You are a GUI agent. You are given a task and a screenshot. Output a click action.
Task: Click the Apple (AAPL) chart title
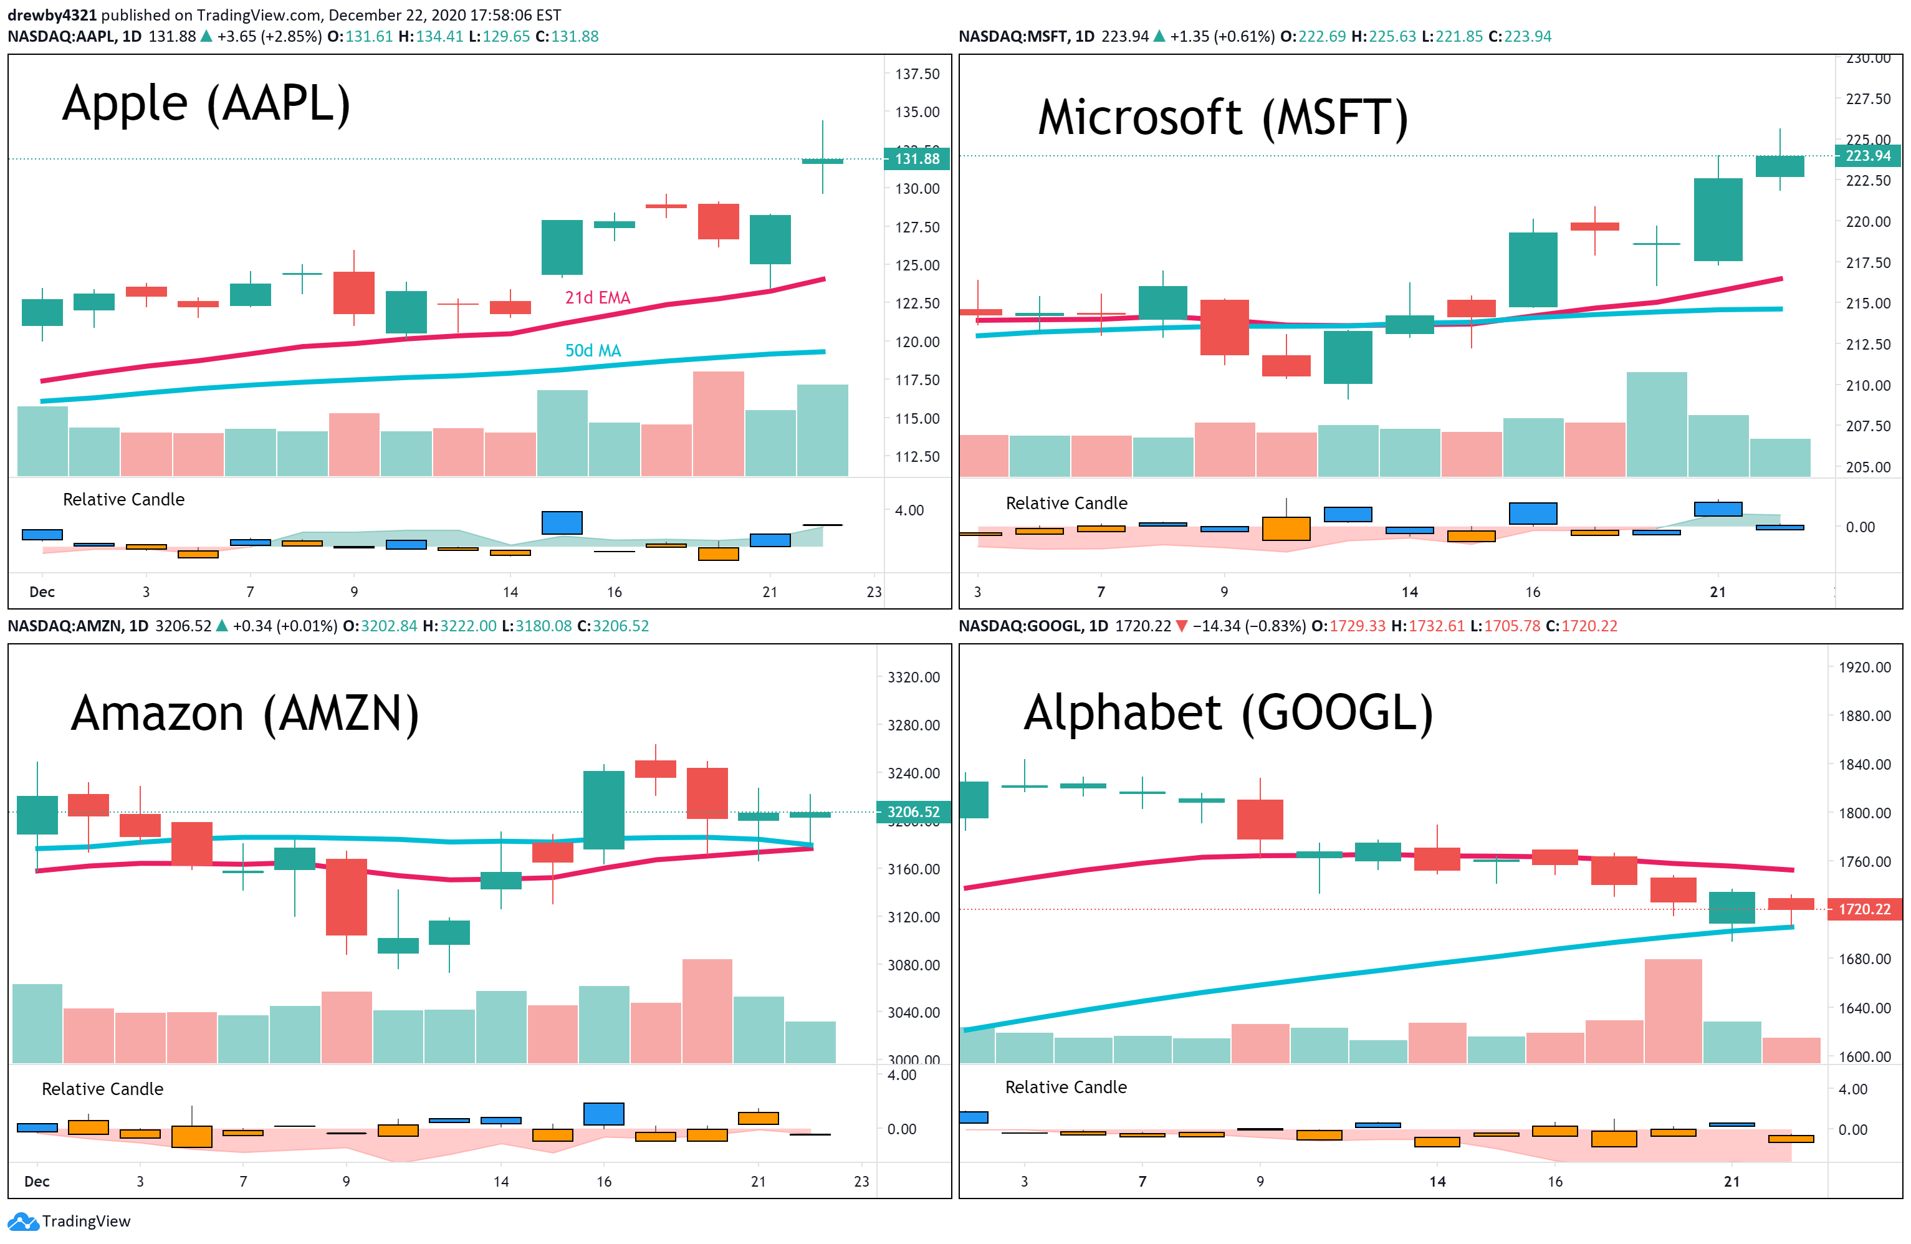coord(206,105)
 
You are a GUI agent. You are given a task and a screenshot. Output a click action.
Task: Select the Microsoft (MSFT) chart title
coord(1223,117)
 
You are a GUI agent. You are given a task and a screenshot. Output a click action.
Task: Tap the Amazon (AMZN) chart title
coord(245,714)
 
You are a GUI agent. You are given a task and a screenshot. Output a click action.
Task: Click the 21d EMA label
coord(597,298)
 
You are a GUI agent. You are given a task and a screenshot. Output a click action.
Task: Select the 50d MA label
coord(593,351)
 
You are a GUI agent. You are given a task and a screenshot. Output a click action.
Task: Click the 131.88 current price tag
coord(917,159)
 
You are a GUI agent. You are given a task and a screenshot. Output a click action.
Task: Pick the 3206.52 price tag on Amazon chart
coord(913,812)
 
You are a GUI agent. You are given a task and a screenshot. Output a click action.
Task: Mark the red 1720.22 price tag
coord(1864,909)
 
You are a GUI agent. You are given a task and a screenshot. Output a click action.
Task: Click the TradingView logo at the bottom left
coord(69,1222)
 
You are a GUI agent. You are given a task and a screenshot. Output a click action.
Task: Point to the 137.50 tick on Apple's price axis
coord(917,74)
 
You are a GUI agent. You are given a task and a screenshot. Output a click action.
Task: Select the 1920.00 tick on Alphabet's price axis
coord(1864,667)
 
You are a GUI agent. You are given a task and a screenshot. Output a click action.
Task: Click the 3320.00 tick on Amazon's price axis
coord(913,677)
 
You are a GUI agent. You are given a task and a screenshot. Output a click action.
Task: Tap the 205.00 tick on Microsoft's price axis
coord(1867,467)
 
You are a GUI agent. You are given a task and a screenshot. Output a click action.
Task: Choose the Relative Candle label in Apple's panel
coord(123,499)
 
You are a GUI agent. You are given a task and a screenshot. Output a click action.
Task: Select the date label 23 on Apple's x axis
coord(874,592)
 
